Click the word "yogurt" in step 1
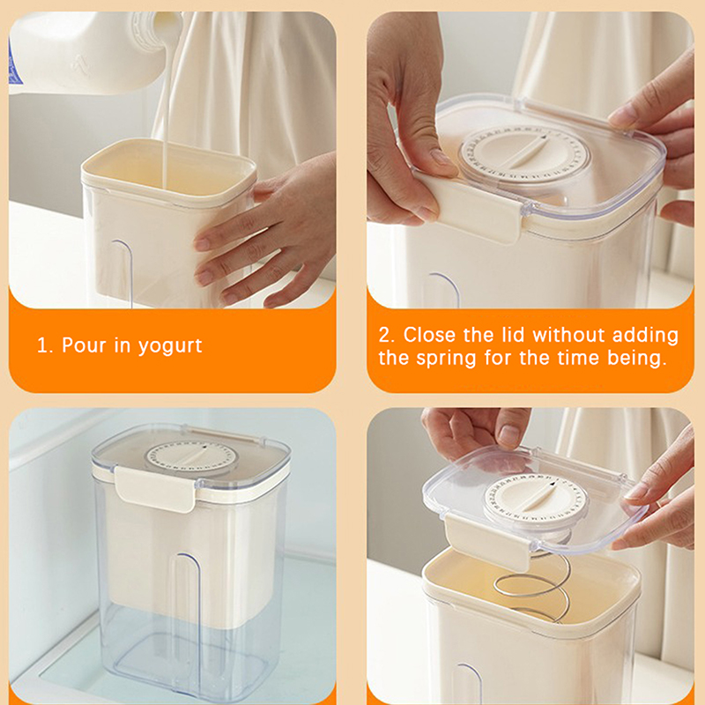[x=170, y=346]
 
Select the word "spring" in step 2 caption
[x=446, y=359]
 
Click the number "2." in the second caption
[x=386, y=336]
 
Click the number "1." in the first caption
[x=45, y=345]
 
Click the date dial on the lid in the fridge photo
[x=191, y=458]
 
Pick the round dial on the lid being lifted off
[x=536, y=501]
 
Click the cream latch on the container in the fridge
[x=156, y=489]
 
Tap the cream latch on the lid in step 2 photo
[x=470, y=207]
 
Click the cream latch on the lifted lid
[x=487, y=542]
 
